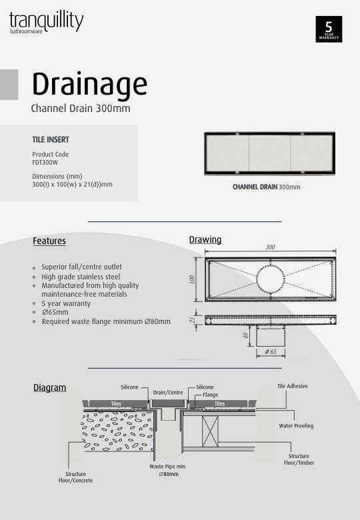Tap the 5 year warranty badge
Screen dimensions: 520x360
click(x=329, y=29)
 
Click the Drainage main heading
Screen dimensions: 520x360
click(x=89, y=85)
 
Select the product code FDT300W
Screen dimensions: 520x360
click(x=45, y=161)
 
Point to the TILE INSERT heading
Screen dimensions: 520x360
click(x=51, y=140)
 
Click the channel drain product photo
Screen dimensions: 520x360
click(x=269, y=153)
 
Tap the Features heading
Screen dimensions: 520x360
click(x=49, y=241)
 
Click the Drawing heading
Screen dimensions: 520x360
click(x=205, y=240)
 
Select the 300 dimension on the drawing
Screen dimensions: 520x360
click(x=270, y=247)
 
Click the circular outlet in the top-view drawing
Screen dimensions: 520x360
click(x=270, y=279)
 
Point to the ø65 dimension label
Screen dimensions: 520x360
click(x=270, y=351)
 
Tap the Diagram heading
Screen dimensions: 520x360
click(x=50, y=387)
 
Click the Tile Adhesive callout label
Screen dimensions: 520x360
click(x=293, y=386)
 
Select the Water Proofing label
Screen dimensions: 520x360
click(x=296, y=425)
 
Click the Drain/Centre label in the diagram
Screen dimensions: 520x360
click(x=168, y=392)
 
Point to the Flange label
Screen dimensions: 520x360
click(x=211, y=395)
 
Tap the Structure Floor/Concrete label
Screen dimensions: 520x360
click(x=75, y=477)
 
